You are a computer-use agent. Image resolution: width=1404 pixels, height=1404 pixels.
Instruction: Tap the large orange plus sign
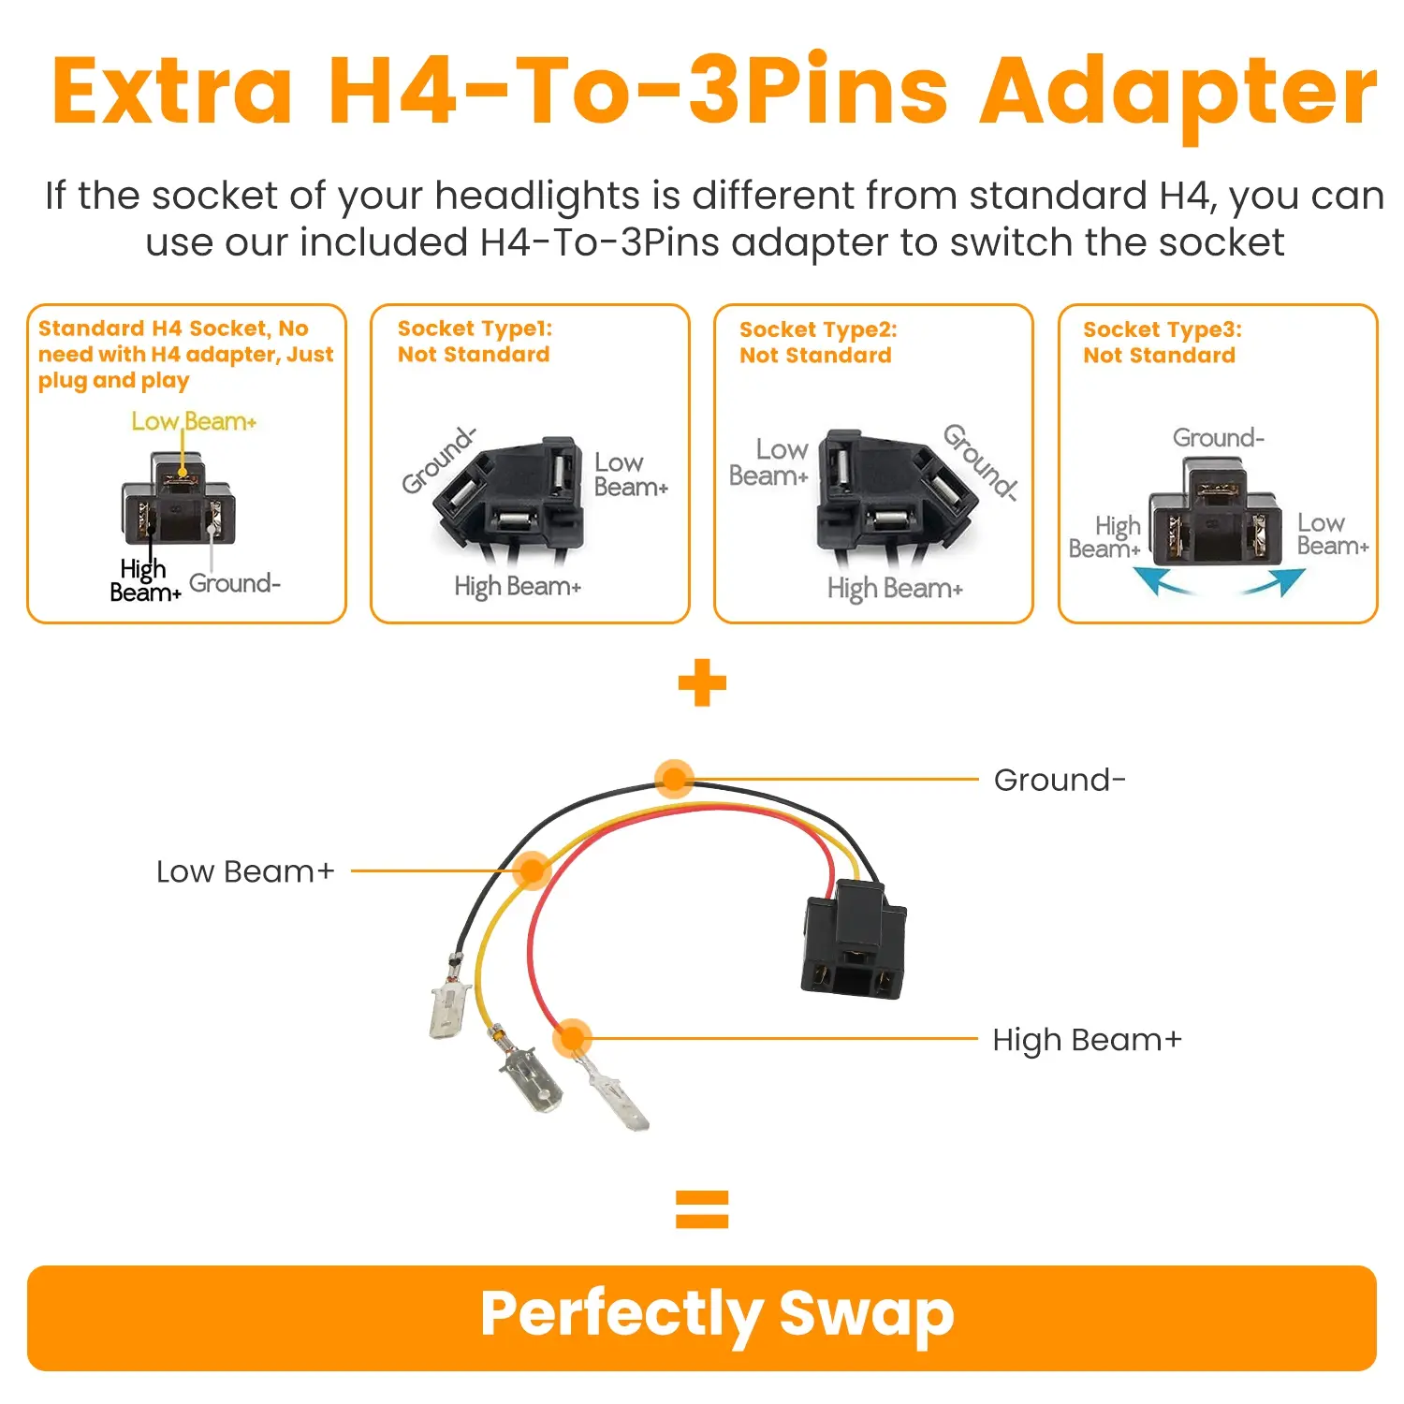(702, 682)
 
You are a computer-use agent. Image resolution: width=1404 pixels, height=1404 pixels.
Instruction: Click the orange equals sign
(702, 1208)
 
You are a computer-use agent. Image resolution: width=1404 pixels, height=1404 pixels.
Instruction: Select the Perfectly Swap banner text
(717, 1315)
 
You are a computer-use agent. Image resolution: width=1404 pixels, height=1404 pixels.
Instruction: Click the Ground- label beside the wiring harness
(1060, 780)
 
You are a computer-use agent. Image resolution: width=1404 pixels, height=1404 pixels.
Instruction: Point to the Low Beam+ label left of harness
(245, 871)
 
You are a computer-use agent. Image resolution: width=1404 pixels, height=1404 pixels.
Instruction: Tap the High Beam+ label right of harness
(1088, 1040)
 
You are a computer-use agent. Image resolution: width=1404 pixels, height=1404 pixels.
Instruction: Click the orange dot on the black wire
(674, 778)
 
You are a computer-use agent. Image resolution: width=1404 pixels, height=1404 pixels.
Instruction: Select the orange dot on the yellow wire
(533, 870)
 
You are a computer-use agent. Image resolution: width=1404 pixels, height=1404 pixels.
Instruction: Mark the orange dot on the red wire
(572, 1038)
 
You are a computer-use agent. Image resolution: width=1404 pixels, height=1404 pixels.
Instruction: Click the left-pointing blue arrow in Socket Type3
(1163, 581)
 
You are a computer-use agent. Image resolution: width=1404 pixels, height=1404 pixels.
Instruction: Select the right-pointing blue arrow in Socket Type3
(1274, 581)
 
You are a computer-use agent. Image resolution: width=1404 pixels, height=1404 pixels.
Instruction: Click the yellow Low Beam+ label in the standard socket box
(194, 421)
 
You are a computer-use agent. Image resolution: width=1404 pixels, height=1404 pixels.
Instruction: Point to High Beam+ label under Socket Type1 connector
(518, 587)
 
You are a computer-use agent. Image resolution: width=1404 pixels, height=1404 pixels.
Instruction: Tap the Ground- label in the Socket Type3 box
(1219, 438)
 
